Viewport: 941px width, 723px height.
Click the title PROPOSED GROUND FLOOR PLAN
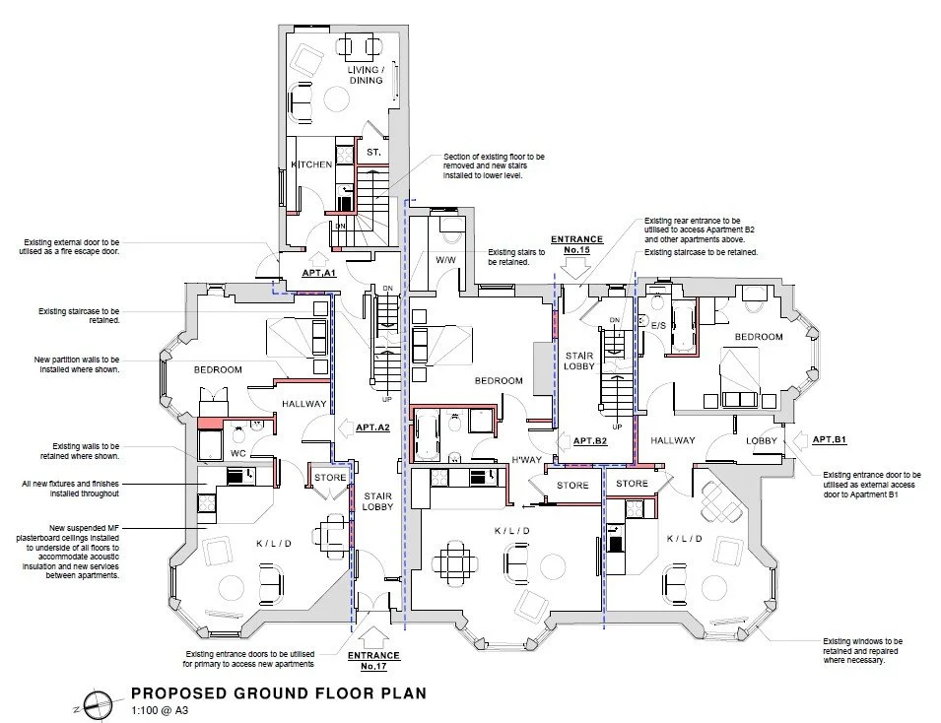(x=279, y=693)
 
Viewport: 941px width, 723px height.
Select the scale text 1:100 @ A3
(x=160, y=711)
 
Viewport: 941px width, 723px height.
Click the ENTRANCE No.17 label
(x=373, y=661)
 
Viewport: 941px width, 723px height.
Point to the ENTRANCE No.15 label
(x=576, y=244)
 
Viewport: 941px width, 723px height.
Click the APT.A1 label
(x=319, y=273)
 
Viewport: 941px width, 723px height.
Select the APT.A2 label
(x=372, y=427)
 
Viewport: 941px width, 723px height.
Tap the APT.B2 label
(x=590, y=441)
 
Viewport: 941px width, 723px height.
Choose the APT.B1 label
(x=830, y=439)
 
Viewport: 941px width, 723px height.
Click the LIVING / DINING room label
(x=367, y=75)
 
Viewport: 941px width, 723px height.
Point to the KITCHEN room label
(x=311, y=164)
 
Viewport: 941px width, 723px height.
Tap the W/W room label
(x=446, y=260)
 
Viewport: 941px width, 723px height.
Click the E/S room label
(x=658, y=325)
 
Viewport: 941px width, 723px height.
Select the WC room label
(x=238, y=454)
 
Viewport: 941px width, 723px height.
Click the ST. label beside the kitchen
(x=373, y=153)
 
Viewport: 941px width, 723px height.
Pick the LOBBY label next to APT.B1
(x=762, y=440)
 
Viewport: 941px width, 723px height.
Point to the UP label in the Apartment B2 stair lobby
(x=617, y=427)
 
